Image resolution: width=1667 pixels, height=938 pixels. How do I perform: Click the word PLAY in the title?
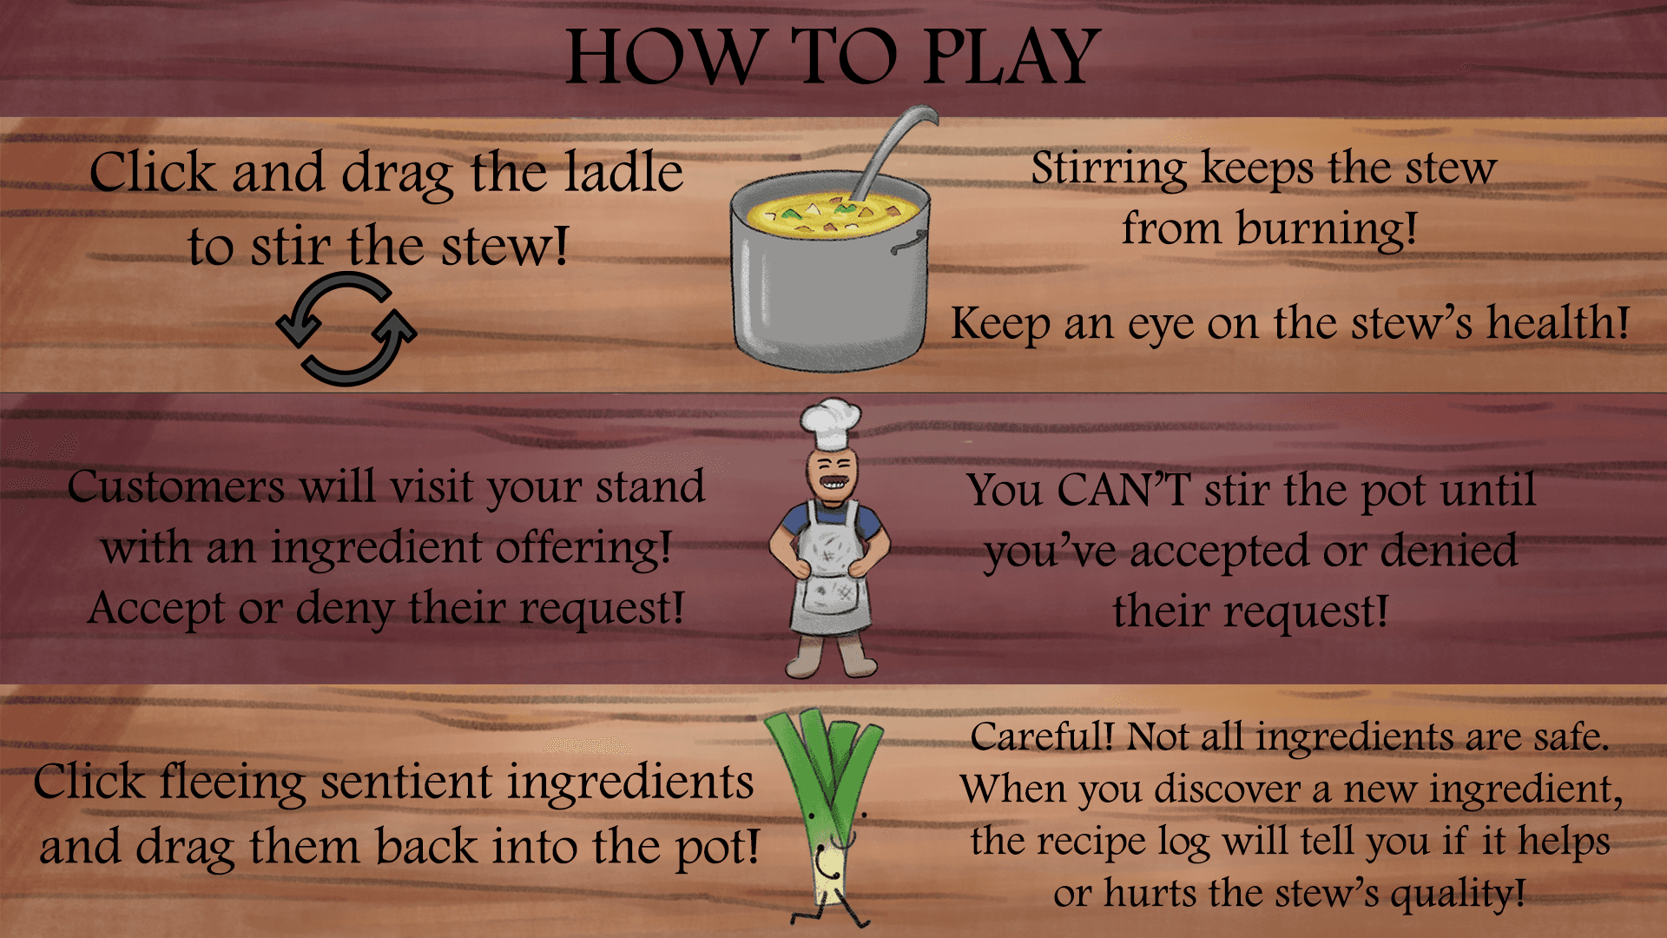click(1011, 57)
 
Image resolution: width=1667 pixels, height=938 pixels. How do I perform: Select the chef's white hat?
click(830, 424)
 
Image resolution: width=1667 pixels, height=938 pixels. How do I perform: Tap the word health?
click(1558, 323)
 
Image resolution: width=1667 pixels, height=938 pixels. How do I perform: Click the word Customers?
click(176, 487)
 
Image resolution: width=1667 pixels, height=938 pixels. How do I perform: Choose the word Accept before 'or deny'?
click(157, 609)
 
